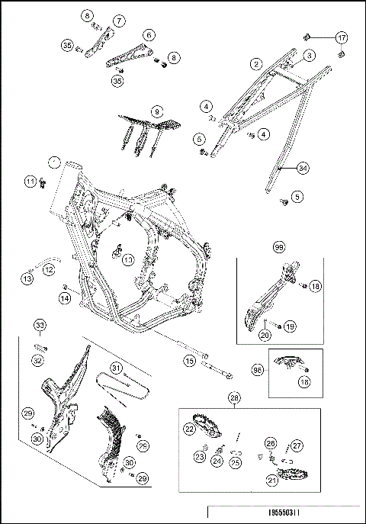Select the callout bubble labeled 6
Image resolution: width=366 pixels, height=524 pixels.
148,35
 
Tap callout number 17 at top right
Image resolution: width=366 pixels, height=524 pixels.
341,37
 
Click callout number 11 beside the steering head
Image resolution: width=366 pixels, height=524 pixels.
29,182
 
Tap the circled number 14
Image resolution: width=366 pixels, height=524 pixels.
65,299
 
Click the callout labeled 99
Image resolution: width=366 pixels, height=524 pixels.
279,249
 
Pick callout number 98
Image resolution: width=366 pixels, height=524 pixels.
258,369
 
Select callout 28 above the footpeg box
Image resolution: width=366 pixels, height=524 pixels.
234,399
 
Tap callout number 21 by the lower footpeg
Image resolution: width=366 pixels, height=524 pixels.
271,480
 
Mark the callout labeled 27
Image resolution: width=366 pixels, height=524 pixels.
297,445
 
